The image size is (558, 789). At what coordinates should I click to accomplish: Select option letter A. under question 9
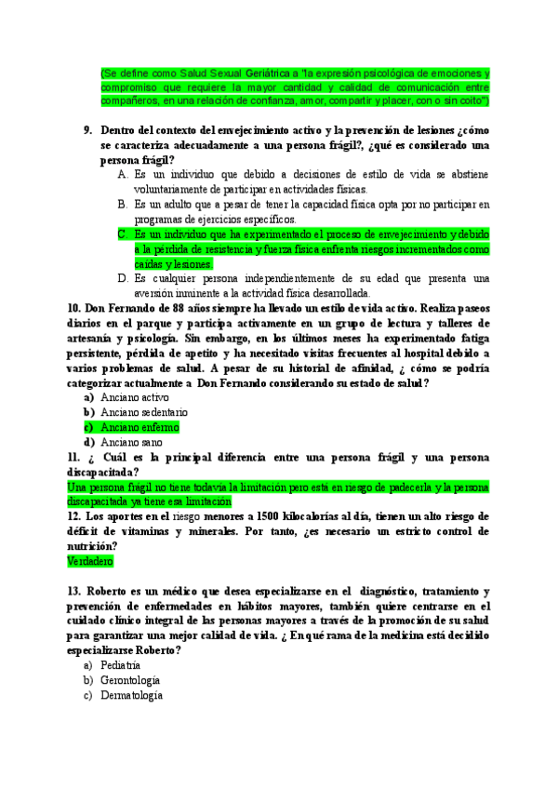124,174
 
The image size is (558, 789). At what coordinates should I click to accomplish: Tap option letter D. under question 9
124,278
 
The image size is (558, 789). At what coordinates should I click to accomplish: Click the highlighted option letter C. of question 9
124,234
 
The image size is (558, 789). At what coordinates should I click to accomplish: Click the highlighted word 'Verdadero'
90,562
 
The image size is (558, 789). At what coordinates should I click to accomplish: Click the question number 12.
75,516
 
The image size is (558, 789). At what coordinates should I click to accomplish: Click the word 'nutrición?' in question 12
93,546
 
